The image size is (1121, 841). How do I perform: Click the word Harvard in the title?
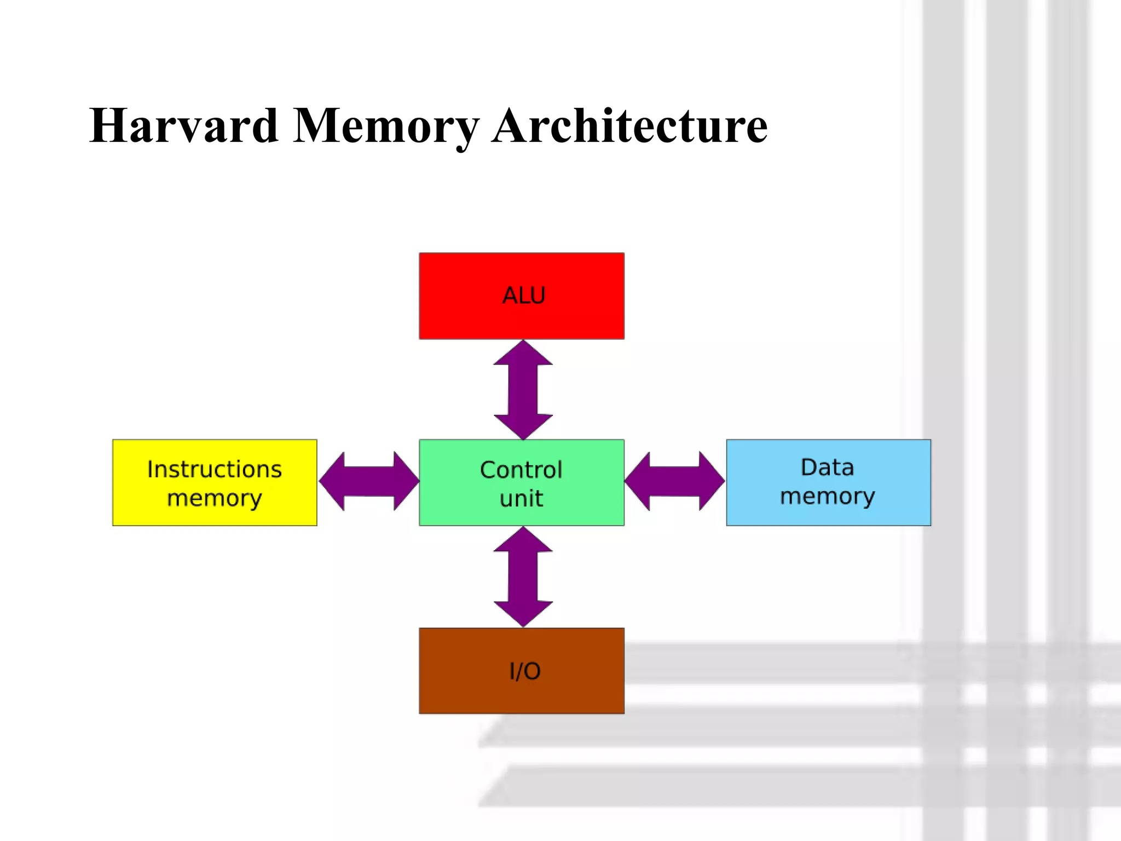click(184, 126)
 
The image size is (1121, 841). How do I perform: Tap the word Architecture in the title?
click(629, 126)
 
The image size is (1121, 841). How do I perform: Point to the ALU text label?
click(524, 296)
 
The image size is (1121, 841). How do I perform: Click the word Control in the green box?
click(521, 470)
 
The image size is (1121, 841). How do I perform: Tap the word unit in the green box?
click(521, 499)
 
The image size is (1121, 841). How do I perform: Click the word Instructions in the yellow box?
click(215, 469)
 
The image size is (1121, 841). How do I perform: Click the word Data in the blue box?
click(828, 468)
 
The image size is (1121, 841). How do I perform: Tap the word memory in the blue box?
click(828, 497)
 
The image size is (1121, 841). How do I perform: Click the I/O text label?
click(525, 671)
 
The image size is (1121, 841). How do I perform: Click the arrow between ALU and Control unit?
click(523, 390)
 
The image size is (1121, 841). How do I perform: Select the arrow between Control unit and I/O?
click(523, 577)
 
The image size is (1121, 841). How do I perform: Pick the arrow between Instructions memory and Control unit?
click(368, 481)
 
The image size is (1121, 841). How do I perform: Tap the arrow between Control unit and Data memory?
click(674, 481)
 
